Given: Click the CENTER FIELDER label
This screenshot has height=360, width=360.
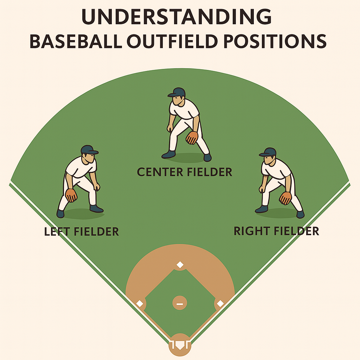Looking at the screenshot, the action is click(185, 172).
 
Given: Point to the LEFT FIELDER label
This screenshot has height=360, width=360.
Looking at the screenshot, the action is click(82, 231).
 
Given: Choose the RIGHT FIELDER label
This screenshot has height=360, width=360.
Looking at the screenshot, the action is click(276, 231).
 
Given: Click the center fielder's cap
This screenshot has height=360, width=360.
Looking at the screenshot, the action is click(178, 92).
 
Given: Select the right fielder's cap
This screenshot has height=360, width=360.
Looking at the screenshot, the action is click(268, 152).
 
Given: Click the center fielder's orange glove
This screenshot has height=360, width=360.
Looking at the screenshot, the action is click(192, 137).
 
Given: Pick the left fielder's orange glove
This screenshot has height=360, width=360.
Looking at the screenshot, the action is click(71, 195).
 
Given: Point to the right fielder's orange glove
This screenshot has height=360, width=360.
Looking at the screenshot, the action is click(285, 198).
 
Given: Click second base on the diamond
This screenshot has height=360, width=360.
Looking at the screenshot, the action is click(180, 264).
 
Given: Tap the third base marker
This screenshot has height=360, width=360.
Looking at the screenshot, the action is click(140, 303).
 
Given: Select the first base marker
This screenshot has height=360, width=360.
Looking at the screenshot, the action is click(220, 303).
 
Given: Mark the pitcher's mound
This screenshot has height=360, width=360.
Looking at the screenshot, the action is click(180, 303).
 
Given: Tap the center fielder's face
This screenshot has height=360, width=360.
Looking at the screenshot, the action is click(177, 100).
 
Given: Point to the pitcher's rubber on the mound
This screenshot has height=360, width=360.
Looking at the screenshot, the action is click(180, 303).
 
